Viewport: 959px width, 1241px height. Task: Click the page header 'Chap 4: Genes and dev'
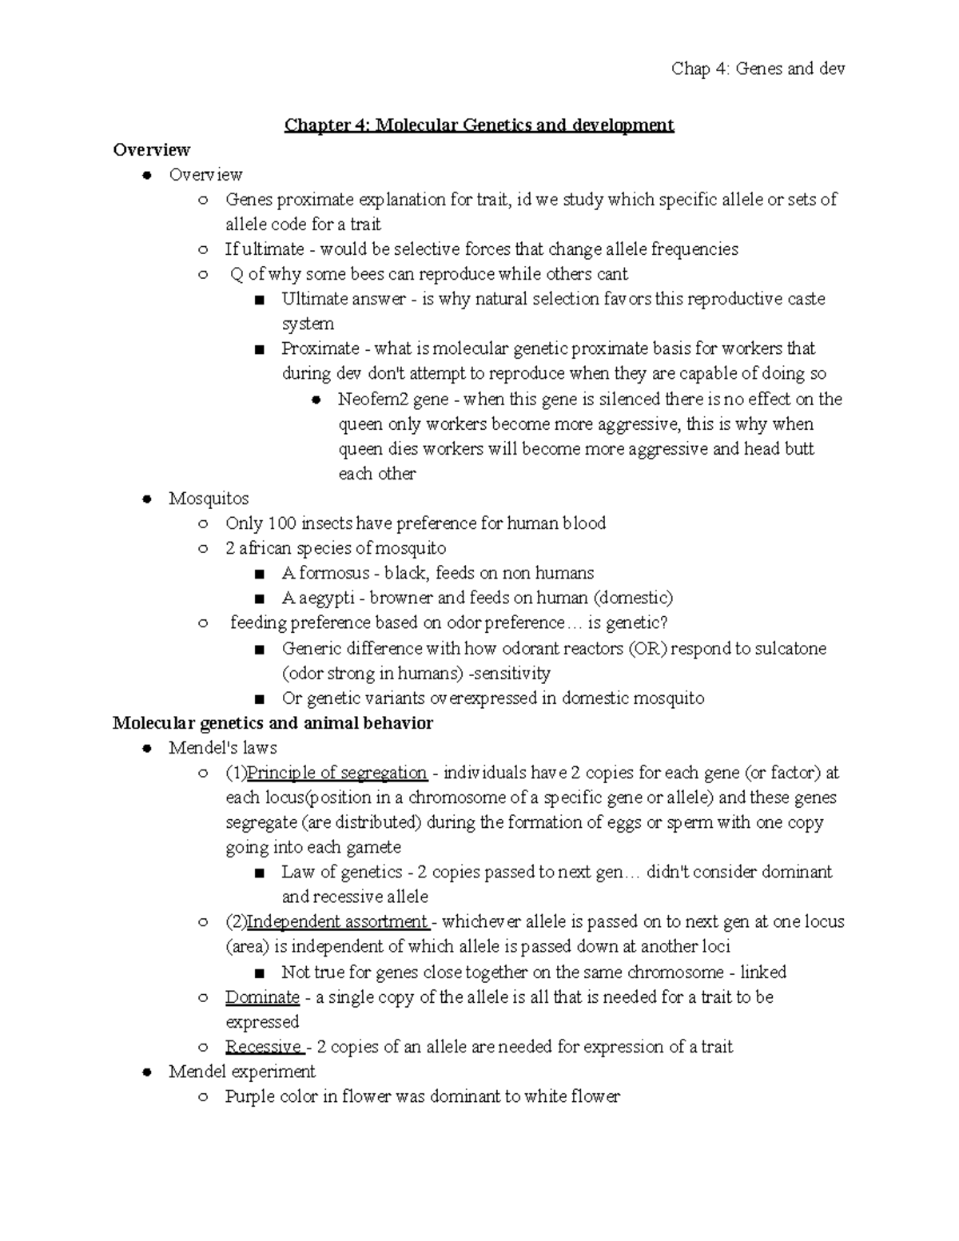tap(758, 69)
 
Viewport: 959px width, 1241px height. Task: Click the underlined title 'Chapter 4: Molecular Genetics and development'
tap(479, 125)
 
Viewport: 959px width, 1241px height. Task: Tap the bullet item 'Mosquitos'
tap(209, 499)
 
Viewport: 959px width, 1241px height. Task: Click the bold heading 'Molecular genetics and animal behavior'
tap(273, 723)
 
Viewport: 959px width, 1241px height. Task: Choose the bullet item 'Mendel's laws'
tap(223, 748)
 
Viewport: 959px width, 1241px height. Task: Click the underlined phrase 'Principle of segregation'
tap(336, 773)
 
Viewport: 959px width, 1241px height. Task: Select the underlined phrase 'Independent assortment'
tap(337, 921)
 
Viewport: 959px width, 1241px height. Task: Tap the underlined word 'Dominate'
tap(262, 997)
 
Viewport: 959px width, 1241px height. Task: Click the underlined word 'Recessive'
tap(263, 1047)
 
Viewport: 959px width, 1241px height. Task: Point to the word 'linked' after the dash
tap(762, 973)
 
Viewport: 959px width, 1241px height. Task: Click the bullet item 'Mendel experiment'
tap(242, 1072)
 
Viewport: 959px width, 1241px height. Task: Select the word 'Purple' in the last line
tap(249, 1096)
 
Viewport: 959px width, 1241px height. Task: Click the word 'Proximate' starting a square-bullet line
tap(320, 349)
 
